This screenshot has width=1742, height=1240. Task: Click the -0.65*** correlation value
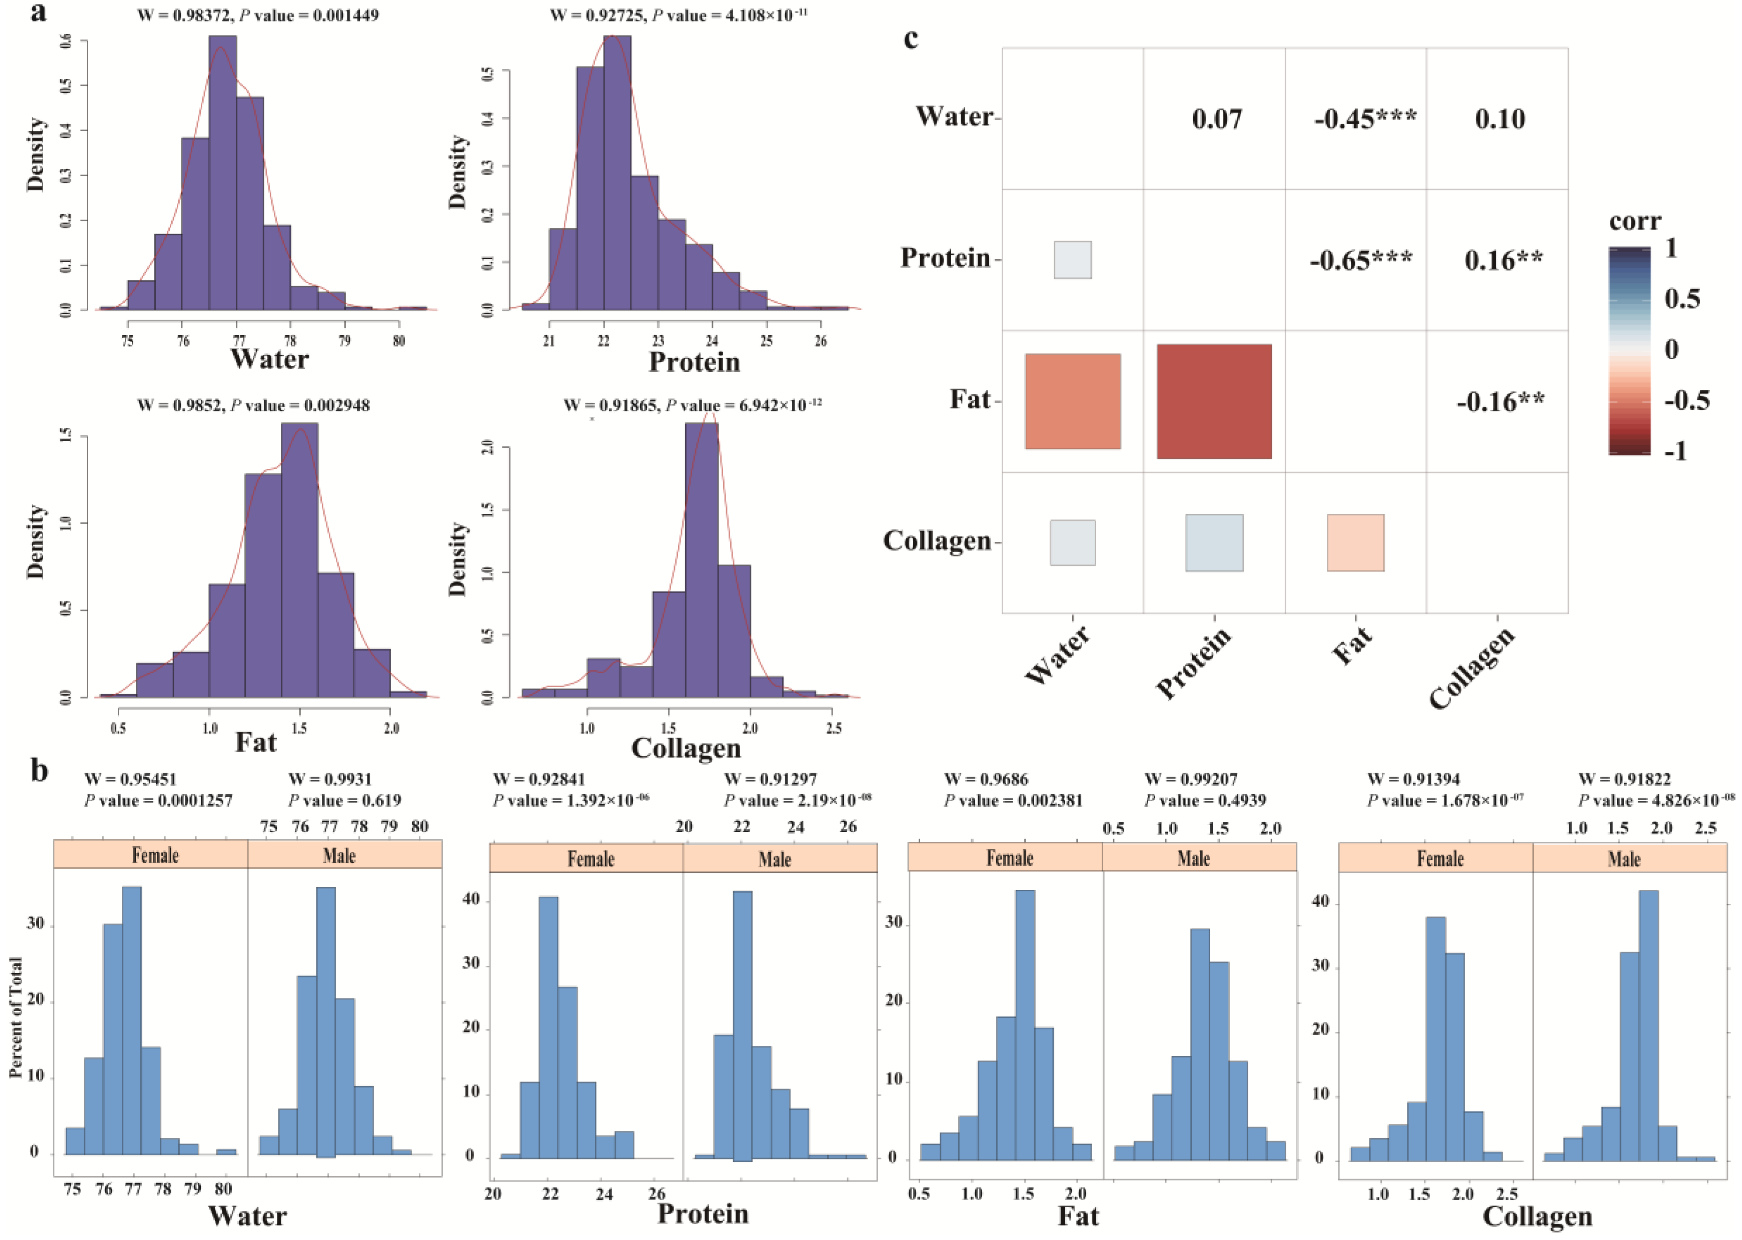click(x=1361, y=260)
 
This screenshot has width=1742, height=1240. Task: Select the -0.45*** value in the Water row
click(x=1365, y=118)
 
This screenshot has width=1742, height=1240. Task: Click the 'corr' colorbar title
click(x=1634, y=221)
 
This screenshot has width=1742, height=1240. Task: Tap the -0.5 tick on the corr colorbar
click(x=1686, y=400)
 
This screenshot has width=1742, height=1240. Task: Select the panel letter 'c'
click(x=910, y=37)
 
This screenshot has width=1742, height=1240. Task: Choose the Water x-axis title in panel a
click(x=270, y=359)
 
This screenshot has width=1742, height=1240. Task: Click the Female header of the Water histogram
click(x=155, y=855)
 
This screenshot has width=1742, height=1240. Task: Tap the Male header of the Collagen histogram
click(x=1624, y=859)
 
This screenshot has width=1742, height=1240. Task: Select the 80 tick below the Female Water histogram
click(x=222, y=1189)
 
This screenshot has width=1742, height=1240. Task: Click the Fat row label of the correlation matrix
click(x=970, y=399)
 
